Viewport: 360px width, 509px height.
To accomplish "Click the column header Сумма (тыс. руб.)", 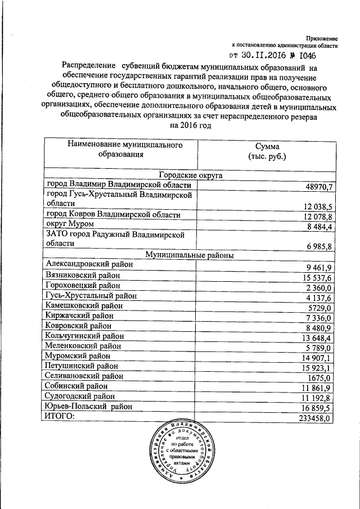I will coord(267,150).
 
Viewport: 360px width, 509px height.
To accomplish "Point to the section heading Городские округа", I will coord(191,175).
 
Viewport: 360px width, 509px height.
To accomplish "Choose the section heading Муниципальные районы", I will coord(190,255).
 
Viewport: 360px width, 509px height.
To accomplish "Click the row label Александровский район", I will coord(90,264).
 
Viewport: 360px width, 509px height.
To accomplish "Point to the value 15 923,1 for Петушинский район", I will coord(316,368).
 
